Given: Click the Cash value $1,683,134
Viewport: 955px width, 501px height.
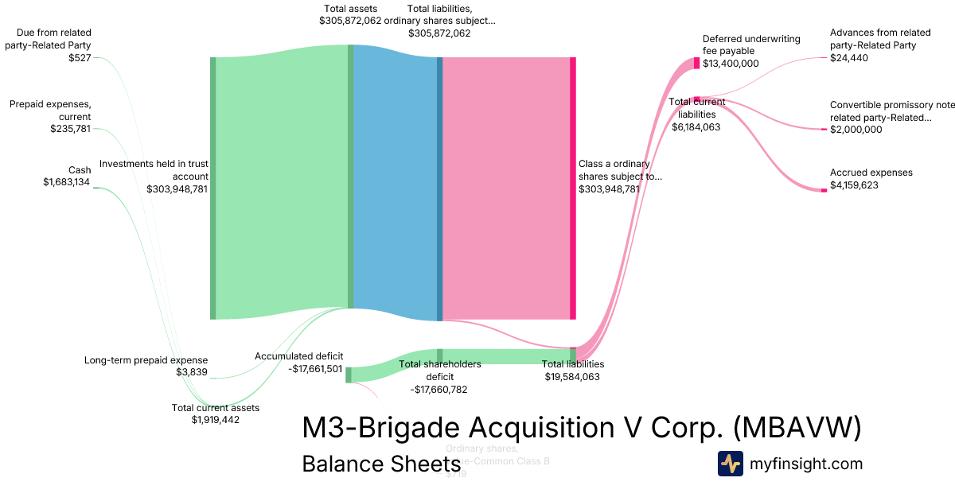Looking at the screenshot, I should [67, 182].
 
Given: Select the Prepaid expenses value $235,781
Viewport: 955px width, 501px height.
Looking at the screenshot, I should [71, 129].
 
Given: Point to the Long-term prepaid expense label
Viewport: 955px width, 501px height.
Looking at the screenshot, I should [146, 360].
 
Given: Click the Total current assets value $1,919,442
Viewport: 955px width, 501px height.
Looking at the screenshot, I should [215, 420].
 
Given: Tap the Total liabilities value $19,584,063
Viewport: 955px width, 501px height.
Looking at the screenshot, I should [572, 377].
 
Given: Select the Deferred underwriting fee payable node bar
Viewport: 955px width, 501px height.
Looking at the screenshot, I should [696, 63].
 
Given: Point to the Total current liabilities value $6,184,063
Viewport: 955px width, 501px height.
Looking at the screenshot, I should [696, 126].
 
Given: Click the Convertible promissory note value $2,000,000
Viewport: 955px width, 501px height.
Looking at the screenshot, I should [856, 130].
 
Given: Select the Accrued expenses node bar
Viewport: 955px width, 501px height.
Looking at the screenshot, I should [824, 190].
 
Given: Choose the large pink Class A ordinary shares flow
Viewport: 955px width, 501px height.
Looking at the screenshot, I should [505, 187].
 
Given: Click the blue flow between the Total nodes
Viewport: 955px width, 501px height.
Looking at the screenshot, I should [395, 183].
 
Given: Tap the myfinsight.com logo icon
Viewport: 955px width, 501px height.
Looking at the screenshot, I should [730, 464].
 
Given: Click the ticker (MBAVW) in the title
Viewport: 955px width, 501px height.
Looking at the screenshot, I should [796, 428].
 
